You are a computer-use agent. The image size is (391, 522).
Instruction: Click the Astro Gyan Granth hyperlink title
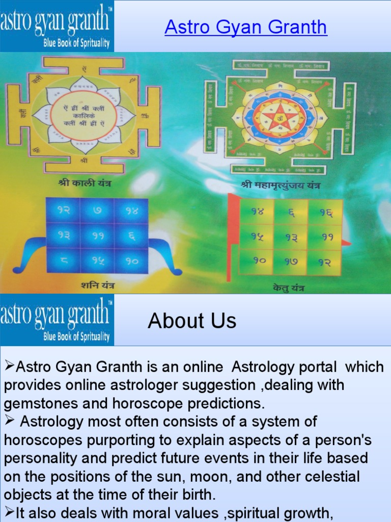pyautogui.click(x=245, y=27)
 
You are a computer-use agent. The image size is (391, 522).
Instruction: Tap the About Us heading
pyautogui.click(x=192, y=321)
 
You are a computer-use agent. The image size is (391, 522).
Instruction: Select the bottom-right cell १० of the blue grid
pyautogui.click(x=131, y=260)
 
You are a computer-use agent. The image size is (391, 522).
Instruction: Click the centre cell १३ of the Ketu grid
pyautogui.click(x=291, y=237)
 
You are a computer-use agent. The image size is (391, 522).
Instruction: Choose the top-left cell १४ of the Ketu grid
pyautogui.click(x=258, y=211)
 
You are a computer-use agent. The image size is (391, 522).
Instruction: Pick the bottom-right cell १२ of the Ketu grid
pyautogui.click(x=325, y=262)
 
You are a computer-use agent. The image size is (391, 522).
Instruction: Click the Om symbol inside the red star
pyautogui.click(x=278, y=119)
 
